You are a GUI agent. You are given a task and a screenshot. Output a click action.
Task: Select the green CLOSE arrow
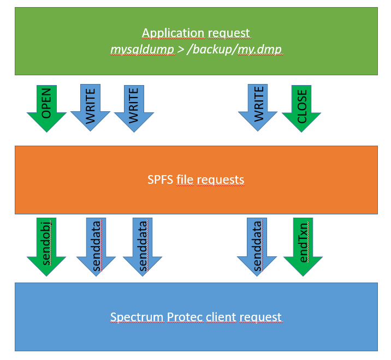click(301, 106)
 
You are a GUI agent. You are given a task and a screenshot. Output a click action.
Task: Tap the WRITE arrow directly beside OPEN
click(91, 107)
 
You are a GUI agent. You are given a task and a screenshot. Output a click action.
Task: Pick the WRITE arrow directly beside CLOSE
click(258, 106)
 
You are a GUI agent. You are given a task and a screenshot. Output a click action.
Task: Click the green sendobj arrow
click(46, 245)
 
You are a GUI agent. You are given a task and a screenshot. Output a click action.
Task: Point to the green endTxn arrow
click(303, 245)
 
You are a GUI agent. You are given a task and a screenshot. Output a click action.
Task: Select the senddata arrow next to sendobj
click(96, 245)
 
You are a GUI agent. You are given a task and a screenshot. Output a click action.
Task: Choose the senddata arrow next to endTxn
click(257, 245)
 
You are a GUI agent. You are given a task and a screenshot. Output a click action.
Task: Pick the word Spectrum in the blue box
click(134, 317)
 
